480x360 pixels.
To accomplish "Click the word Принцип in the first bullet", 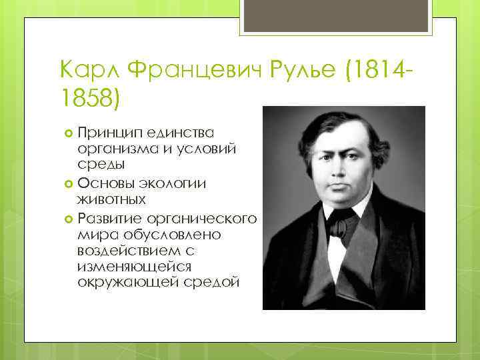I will pyautogui.click(x=105, y=133).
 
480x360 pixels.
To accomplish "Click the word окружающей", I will pyautogui.click(x=124, y=283).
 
